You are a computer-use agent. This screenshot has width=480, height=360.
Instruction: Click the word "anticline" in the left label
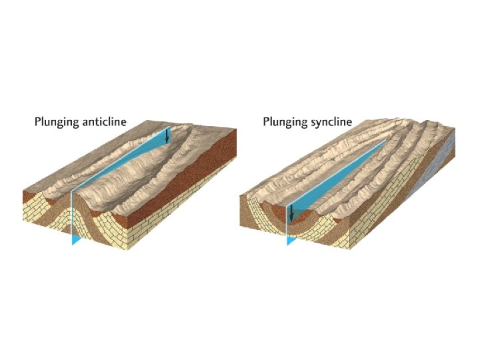(104, 122)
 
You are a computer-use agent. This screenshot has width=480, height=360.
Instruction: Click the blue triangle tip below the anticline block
(75, 239)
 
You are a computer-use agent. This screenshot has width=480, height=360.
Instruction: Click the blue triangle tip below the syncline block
(291, 240)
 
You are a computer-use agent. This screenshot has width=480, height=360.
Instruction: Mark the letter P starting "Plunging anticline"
(37, 122)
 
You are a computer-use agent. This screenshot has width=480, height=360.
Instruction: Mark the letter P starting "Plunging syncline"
(266, 122)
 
